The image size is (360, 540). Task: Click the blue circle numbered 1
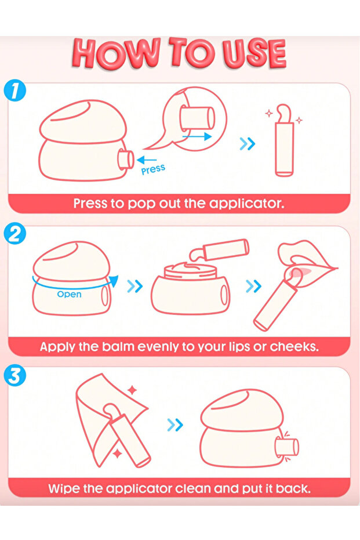point(14,90)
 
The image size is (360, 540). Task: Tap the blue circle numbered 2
point(14,234)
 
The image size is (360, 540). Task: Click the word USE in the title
point(254,53)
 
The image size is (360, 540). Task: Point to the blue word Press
point(153,169)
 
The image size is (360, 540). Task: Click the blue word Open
point(69,295)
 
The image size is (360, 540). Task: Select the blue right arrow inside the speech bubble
point(197,136)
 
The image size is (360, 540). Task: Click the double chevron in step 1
point(247,144)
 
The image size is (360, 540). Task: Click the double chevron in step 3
point(175,425)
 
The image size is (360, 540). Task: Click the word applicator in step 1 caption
point(247,204)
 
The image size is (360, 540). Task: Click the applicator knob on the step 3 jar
point(287,447)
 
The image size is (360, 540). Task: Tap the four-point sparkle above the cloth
point(132,390)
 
